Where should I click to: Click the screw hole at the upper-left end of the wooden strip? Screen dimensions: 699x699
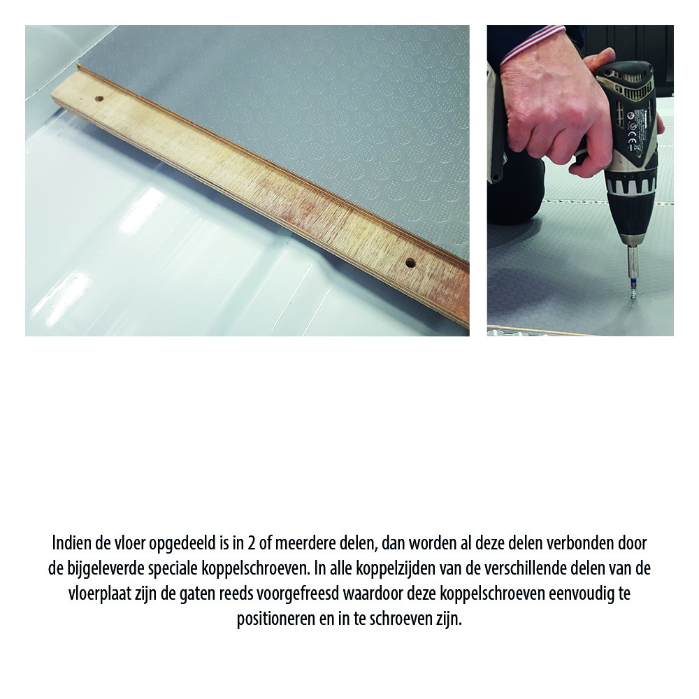click(x=99, y=99)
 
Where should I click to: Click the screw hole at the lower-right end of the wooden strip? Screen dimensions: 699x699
click(x=410, y=264)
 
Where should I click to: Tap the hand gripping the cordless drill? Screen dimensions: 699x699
click(x=552, y=105)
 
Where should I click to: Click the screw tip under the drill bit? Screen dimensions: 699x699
click(x=633, y=294)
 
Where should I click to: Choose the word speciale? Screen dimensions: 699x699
click(x=185, y=569)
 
